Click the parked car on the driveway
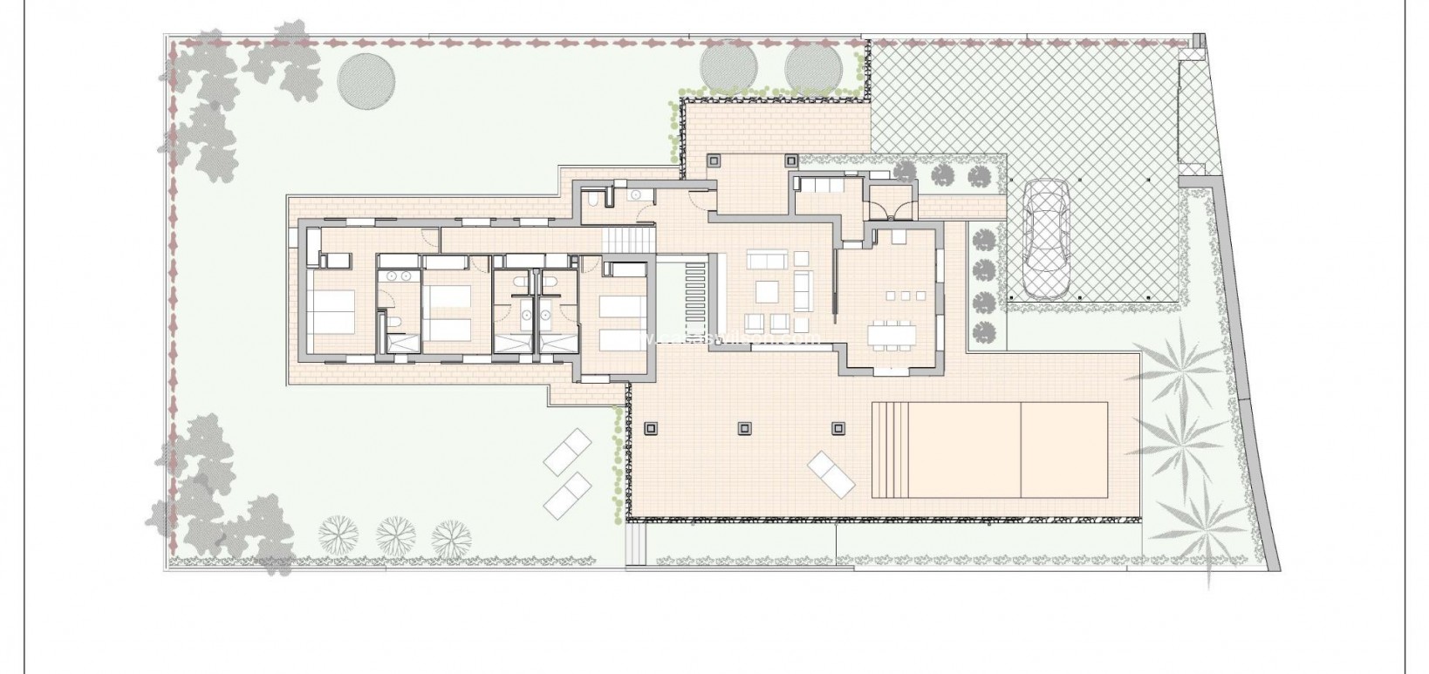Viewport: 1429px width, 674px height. pyautogui.click(x=1045, y=237)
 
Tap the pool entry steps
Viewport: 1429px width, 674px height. pyautogui.click(x=890, y=448)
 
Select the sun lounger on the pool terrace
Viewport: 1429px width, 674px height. pyautogui.click(x=832, y=474)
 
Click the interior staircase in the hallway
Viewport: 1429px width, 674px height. pyautogui.click(x=628, y=236)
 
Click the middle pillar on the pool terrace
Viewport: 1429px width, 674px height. pyautogui.click(x=744, y=427)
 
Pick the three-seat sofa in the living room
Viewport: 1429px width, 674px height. pyautogui.click(x=768, y=260)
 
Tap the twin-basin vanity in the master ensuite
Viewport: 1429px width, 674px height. pyautogui.click(x=400, y=276)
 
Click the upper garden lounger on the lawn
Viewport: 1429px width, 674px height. pyautogui.click(x=568, y=453)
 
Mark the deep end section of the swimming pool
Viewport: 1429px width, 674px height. pyautogui.click(x=1063, y=448)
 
